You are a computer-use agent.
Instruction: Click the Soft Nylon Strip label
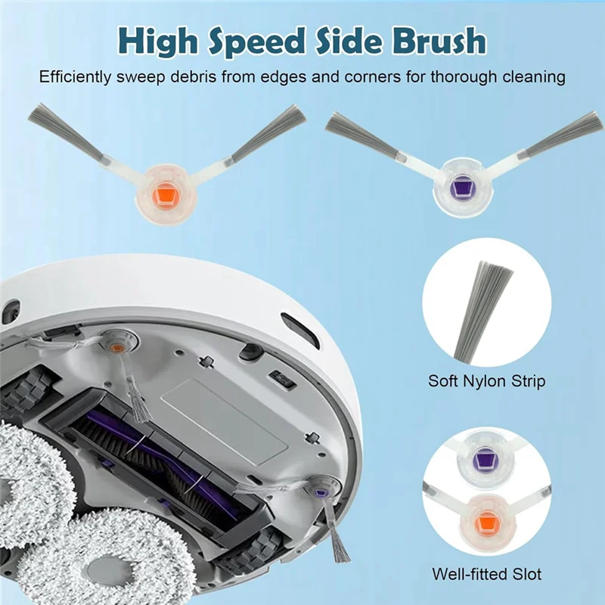pos(486,380)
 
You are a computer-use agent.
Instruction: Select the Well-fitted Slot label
pos(486,574)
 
